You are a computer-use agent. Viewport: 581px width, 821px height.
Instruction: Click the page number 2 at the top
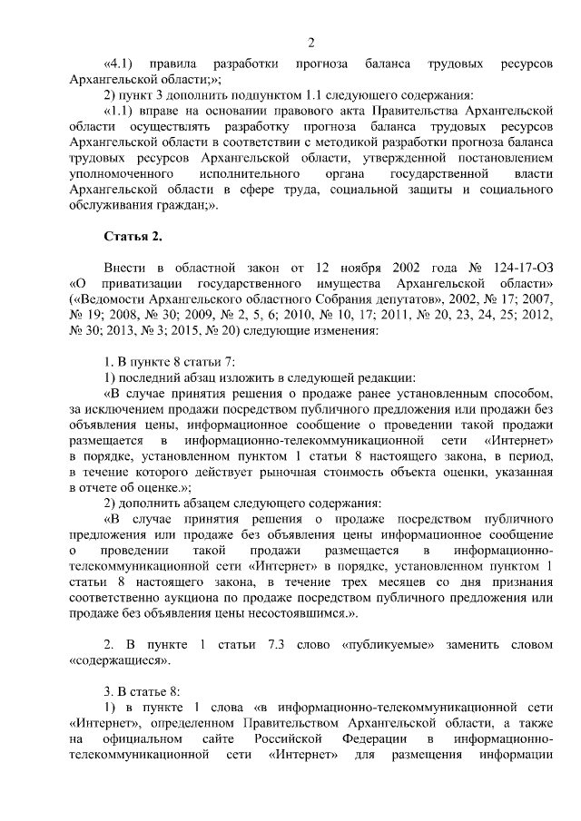pyautogui.click(x=310, y=42)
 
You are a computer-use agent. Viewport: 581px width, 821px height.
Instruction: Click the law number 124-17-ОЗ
pyautogui.click(x=518, y=269)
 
